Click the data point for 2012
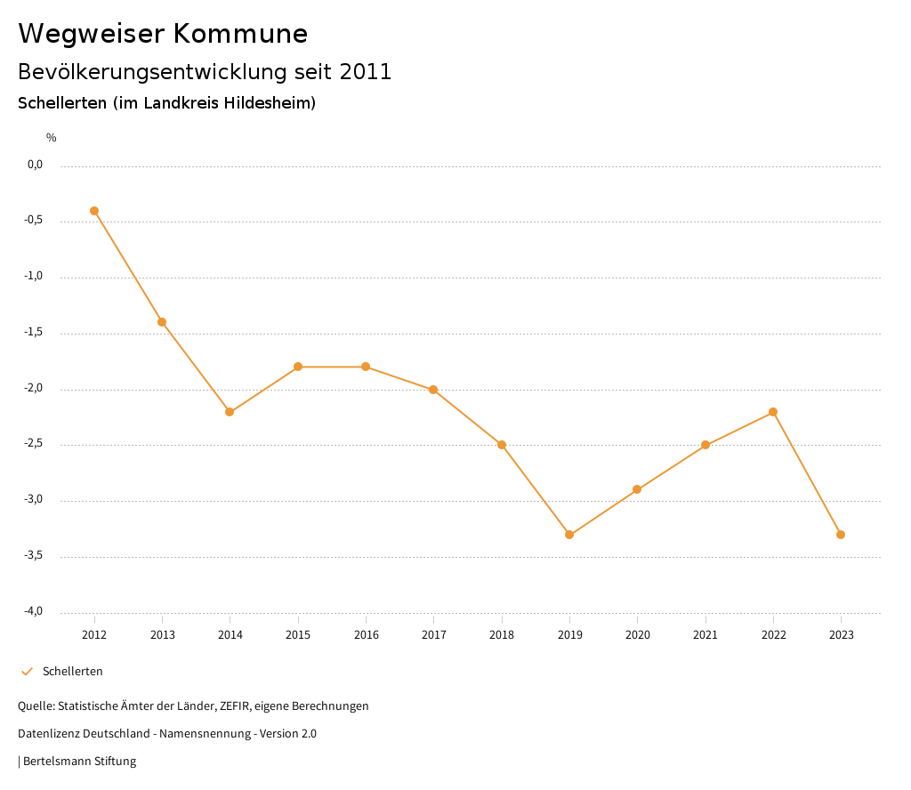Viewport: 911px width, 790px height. tap(94, 211)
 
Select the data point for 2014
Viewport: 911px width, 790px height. tap(230, 412)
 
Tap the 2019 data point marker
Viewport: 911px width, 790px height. tap(569, 535)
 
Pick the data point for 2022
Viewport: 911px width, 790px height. tap(773, 412)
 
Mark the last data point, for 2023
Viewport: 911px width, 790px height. tap(841, 535)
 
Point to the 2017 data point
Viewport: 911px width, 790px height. tap(433, 390)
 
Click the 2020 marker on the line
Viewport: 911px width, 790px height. tap(637, 489)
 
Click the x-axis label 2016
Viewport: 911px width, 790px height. tap(366, 635)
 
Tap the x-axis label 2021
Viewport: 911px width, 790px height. tap(705, 635)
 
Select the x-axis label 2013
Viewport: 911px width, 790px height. tap(162, 635)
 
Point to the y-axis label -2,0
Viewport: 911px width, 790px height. tap(35, 389)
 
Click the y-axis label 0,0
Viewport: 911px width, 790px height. tap(36, 165)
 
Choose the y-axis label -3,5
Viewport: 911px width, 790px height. tap(35, 556)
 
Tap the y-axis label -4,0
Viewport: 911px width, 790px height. tap(35, 611)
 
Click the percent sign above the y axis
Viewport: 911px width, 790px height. tap(52, 138)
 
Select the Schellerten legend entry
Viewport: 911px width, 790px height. tap(72, 672)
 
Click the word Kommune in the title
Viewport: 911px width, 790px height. tap(240, 34)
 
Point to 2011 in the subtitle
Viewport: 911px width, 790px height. tap(365, 72)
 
